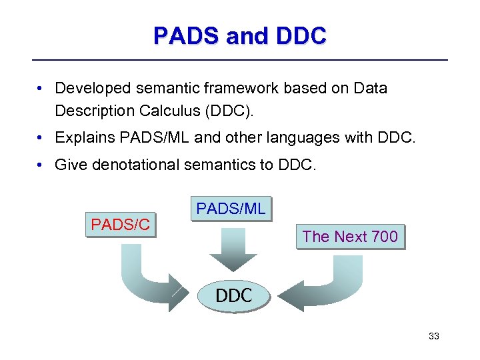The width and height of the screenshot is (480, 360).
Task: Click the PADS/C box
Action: coord(121,225)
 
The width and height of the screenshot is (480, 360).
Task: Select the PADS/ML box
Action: coord(231,209)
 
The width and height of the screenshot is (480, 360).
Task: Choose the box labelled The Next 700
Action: coord(350,236)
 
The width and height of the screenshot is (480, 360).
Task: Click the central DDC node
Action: coord(233,295)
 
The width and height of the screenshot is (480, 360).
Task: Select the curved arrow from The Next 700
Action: coord(327,283)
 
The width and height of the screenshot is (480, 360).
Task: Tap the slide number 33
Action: coord(433,336)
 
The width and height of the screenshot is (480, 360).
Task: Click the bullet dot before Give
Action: coord(41,165)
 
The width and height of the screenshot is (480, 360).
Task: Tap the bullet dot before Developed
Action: coord(41,88)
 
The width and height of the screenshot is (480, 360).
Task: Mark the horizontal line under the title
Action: coord(240,60)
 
